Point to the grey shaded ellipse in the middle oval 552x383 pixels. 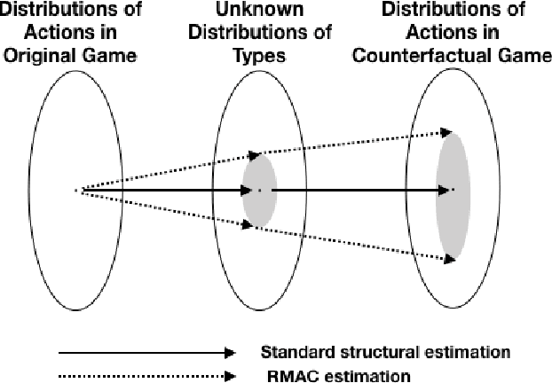[x=259, y=190]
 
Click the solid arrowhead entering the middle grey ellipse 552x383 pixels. [x=249, y=190]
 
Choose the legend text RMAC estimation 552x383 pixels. [x=341, y=375]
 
